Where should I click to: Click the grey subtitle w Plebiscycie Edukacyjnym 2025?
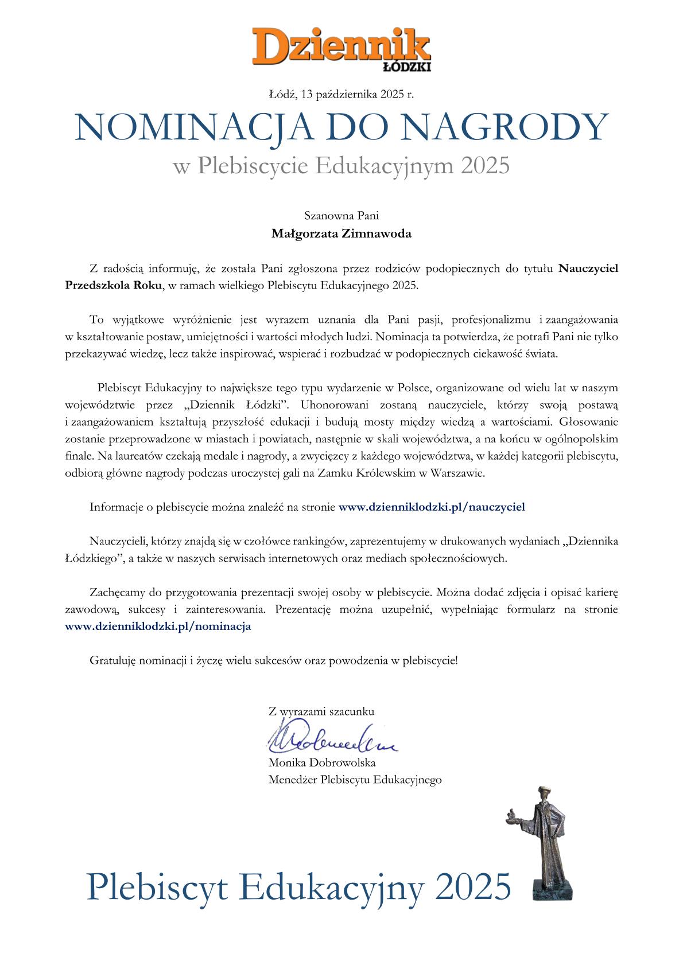click(x=341, y=166)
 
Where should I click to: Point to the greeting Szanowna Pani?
click(x=341, y=216)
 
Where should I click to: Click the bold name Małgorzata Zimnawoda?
click(x=341, y=234)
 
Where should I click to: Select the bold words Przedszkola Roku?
click(x=114, y=285)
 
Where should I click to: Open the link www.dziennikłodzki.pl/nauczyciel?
click(x=432, y=507)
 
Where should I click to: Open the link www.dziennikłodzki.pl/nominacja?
click(x=158, y=627)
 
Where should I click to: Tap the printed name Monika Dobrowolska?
click(x=321, y=762)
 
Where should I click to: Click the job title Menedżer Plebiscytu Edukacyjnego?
click(x=355, y=780)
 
